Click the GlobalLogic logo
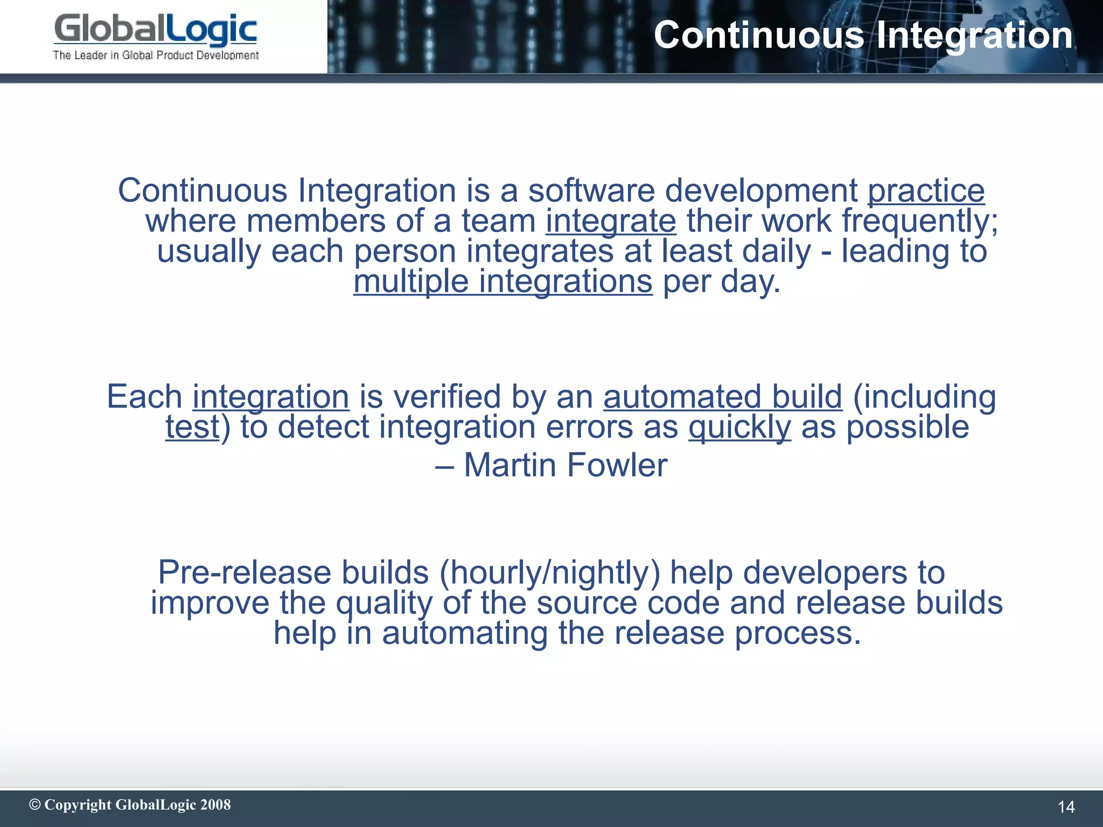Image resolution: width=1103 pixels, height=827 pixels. coord(155,30)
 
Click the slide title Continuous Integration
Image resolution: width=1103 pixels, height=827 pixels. coord(863,36)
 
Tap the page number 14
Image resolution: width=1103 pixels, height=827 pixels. coord(1066,807)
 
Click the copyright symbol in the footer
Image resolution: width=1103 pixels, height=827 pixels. coord(35,804)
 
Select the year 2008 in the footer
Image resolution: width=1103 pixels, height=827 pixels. coord(215,804)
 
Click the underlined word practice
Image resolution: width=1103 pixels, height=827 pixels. coord(926,191)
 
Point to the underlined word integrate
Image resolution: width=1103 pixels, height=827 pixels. coord(611,221)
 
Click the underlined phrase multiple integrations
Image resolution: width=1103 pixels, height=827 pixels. coord(502,282)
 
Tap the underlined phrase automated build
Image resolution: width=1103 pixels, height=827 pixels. coord(722,397)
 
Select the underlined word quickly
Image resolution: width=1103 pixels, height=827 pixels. coord(739,427)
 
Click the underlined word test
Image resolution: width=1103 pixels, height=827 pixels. coord(192,427)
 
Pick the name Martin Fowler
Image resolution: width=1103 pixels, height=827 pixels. coord(565,465)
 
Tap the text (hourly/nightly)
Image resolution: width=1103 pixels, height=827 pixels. coord(549,572)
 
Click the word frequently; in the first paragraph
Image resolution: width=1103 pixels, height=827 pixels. coord(920,221)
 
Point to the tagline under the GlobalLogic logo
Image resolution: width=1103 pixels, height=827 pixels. coord(156,55)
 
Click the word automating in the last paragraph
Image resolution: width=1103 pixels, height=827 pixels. coord(465,633)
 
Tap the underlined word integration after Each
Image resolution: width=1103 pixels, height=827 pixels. coord(271,397)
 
